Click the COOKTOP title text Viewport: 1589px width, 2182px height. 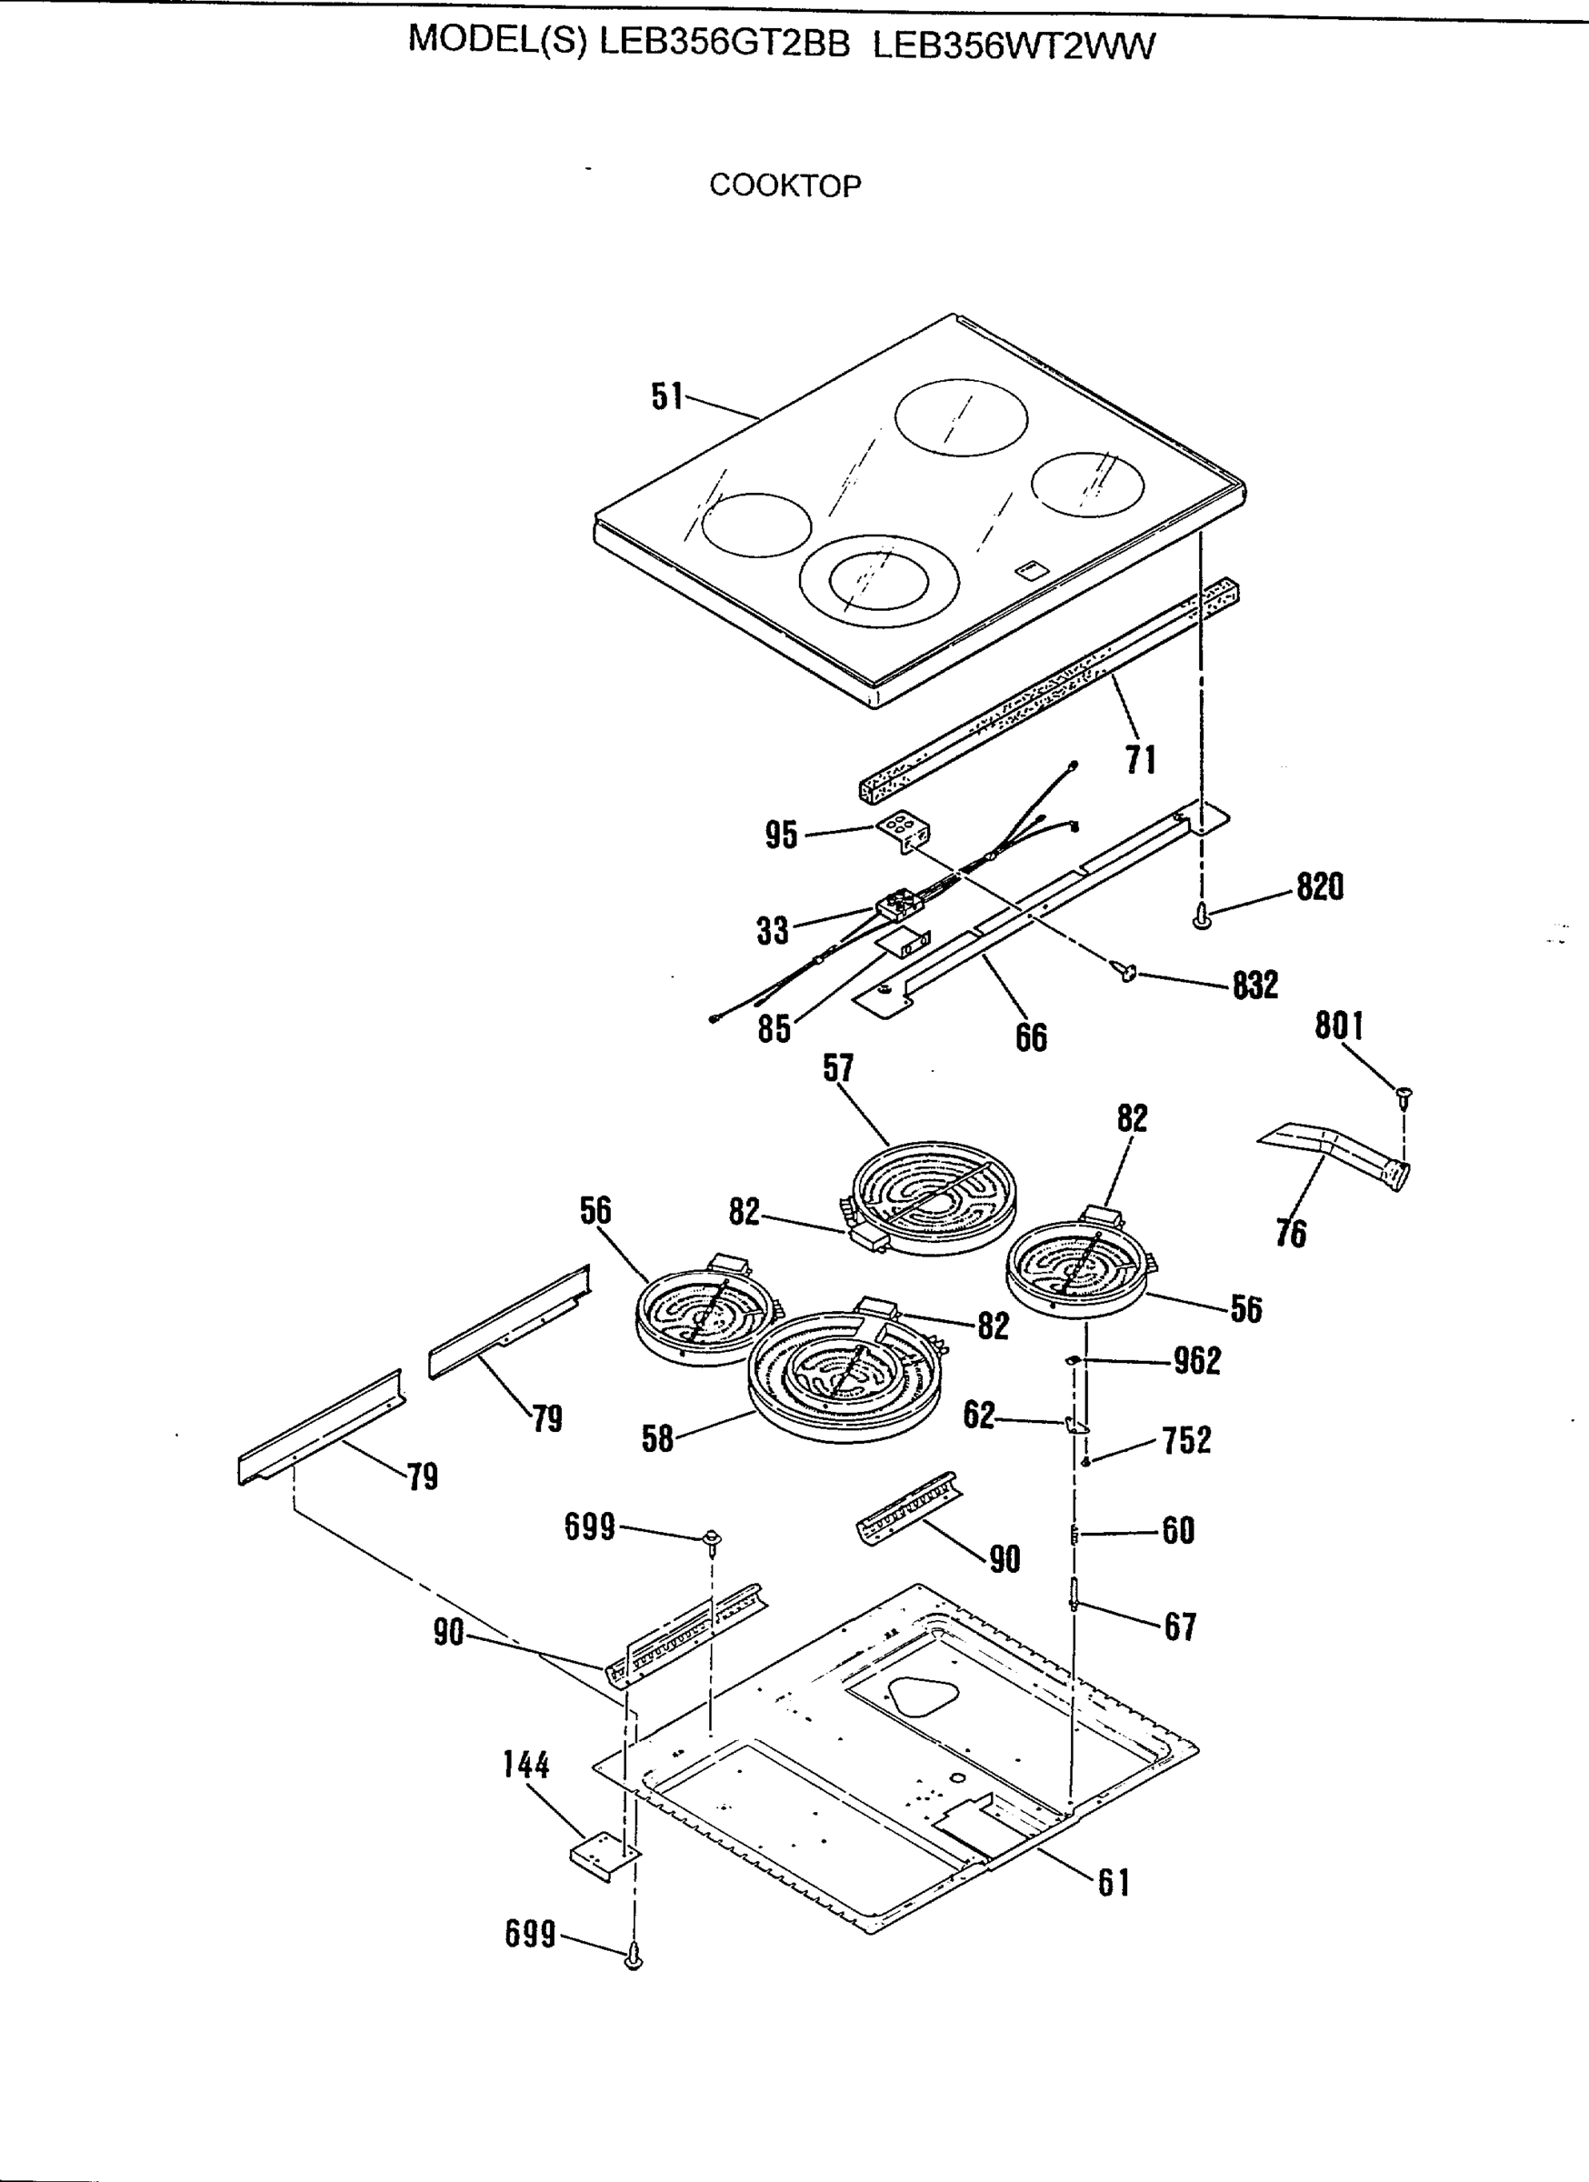pyautogui.click(x=785, y=185)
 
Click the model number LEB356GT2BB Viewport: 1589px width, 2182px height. pyautogui.click(x=725, y=44)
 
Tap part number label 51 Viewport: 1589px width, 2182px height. pyautogui.click(x=666, y=396)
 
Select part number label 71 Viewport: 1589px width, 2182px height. pyautogui.click(x=1140, y=760)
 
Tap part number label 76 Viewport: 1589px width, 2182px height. pyautogui.click(x=1291, y=1233)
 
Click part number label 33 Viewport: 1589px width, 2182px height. pyautogui.click(x=772, y=930)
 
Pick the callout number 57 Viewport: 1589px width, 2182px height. pyautogui.click(x=837, y=1068)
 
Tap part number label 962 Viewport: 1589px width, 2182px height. pyautogui.click(x=1196, y=1360)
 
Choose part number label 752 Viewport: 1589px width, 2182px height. pyautogui.click(x=1186, y=1440)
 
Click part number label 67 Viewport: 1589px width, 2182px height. pyautogui.click(x=1179, y=1626)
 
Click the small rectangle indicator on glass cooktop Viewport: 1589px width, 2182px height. pyautogui.click(x=1028, y=569)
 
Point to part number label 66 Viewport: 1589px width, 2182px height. pyautogui.click(x=1031, y=1037)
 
